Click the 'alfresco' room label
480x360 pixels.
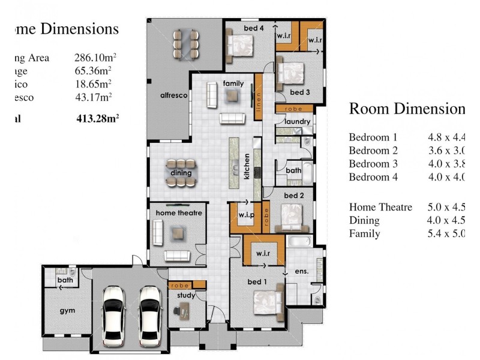(174, 95)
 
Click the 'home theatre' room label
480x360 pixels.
(178, 213)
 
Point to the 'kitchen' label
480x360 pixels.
(246, 166)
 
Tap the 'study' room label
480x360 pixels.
(185, 295)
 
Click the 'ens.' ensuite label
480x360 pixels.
(301, 271)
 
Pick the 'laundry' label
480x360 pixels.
(298, 122)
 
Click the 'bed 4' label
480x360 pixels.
(253, 28)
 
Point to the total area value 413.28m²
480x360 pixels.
(97, 118)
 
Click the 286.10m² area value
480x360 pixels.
(95, 58)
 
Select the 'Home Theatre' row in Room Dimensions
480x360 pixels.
(380, 207)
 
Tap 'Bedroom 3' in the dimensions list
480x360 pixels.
(373, 164)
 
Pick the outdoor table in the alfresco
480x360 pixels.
(186, 43)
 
